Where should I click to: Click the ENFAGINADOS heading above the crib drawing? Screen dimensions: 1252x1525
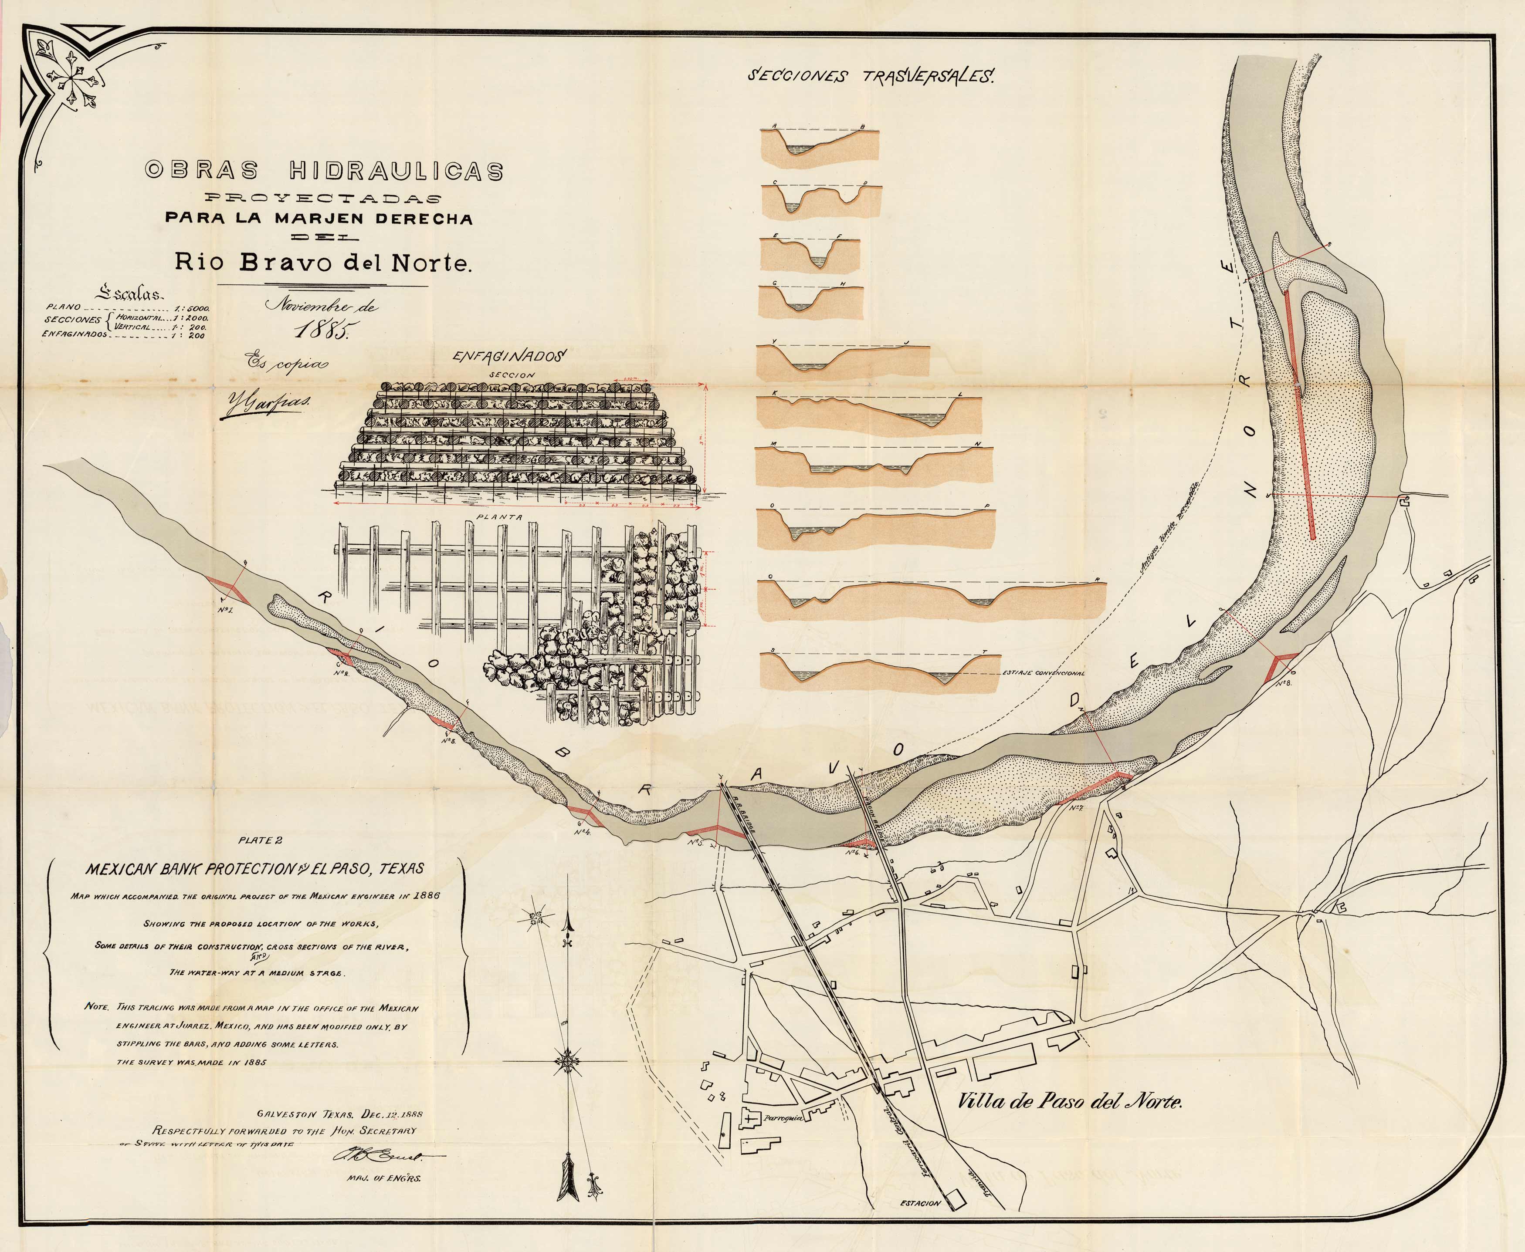coord(511,356)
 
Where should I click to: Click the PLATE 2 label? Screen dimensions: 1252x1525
coord(260,840)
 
